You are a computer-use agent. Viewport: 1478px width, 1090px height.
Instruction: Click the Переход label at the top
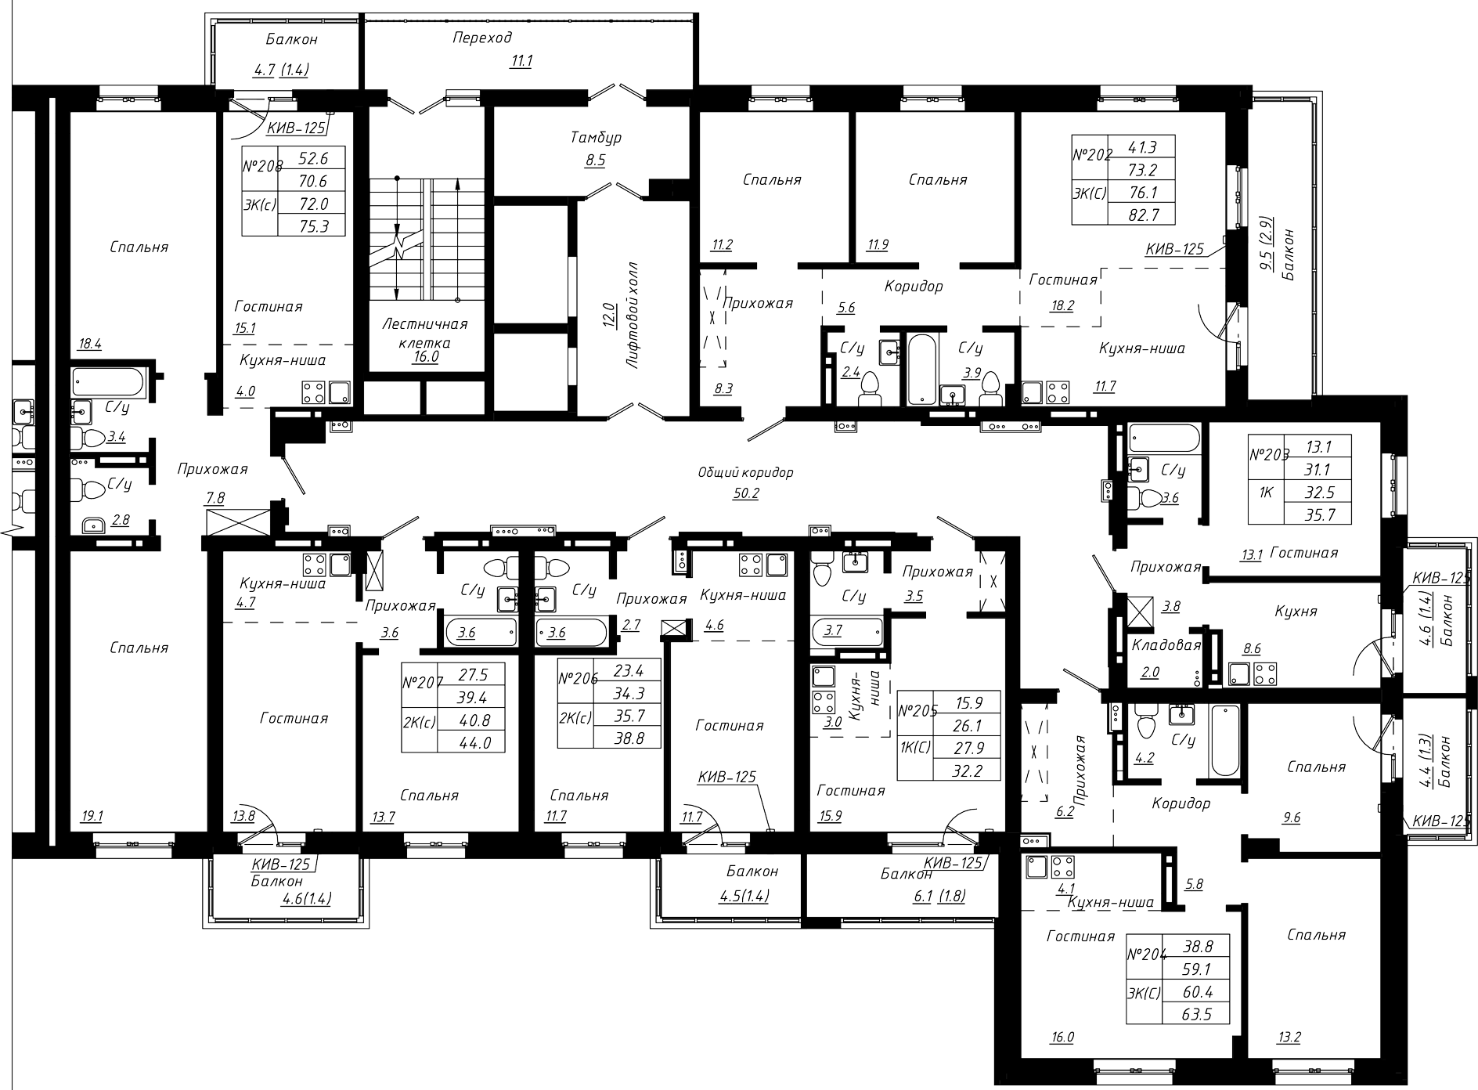pos(482,38)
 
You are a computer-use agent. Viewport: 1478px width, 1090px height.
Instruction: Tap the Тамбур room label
pos(596,138)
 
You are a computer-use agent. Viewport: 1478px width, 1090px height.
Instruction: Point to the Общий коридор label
pos(745,472)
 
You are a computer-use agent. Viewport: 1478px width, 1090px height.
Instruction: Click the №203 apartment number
pos(1267,456)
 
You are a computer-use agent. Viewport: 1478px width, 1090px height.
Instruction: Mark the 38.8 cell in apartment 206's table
pos(626,737)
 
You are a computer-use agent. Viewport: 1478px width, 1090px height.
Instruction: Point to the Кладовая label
pos(1166,645)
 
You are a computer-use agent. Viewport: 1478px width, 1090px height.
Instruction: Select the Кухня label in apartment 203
pos(1296,611)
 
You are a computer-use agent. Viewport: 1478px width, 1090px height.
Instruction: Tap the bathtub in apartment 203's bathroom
pos(1164,439)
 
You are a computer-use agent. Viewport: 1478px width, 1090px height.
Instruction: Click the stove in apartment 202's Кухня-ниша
pos(1058,392)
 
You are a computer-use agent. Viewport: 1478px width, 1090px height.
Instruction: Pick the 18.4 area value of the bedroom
pos(91,342)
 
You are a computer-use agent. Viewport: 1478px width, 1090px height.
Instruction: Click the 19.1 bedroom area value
pos(91,816)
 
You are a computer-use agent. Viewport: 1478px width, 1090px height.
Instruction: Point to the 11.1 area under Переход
pos(521,61)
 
